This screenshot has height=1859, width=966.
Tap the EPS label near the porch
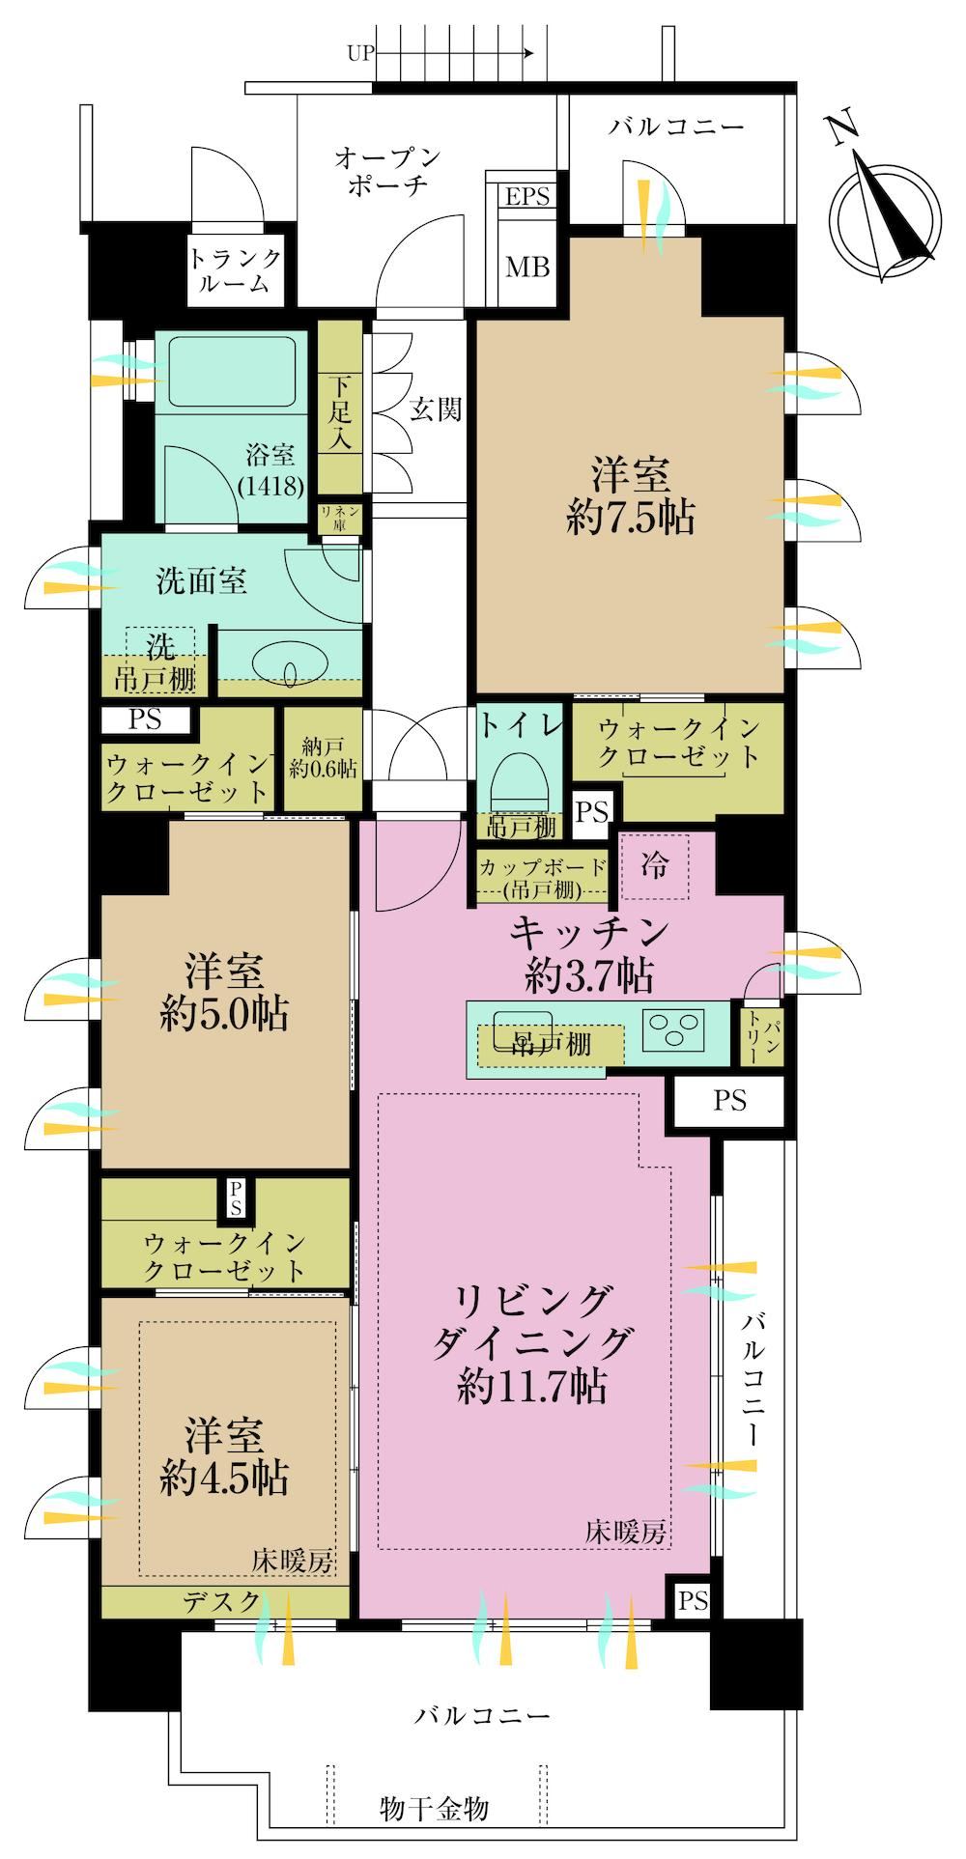tap(527, 197)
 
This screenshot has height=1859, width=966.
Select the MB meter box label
tap(528, 267)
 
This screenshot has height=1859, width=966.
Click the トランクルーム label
tap(236, 270)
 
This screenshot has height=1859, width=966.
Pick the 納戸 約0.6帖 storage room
tap(322, 757)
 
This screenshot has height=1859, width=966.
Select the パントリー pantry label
tap(761, 1039)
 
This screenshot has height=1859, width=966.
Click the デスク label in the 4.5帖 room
tap(222, 1602)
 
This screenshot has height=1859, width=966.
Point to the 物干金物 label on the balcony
tap(434, 1808)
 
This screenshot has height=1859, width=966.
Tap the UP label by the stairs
tap(360, 54)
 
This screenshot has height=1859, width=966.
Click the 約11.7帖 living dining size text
tap(532, 1388)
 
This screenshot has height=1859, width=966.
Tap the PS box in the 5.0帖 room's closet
tap(237, 1199)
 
